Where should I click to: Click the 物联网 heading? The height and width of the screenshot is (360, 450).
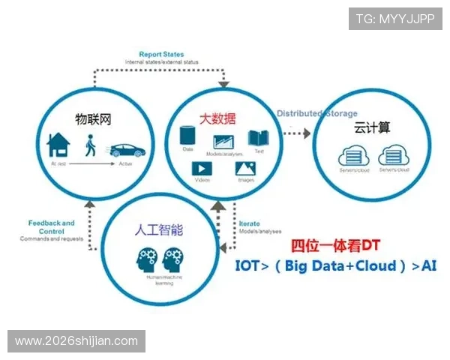pyautogui.click(x=93, y=118)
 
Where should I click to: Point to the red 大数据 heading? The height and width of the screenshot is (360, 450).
pyautogui.click(x=216, y=118)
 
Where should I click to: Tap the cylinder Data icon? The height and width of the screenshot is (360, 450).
pyautogui.click(x=189, y=136)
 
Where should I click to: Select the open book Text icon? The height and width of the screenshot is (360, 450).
pyautogui.click(x=259, y=138)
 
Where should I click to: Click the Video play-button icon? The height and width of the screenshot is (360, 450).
pyautogui.click(x=202, y=169)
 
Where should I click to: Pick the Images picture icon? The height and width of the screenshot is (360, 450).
pyautogui.click(x=246, y=169)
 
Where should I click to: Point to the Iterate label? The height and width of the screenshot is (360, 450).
pyautogui.click(x=249, y=224)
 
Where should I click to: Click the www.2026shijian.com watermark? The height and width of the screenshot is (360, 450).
pyautogui.click(x=76, y=341)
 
